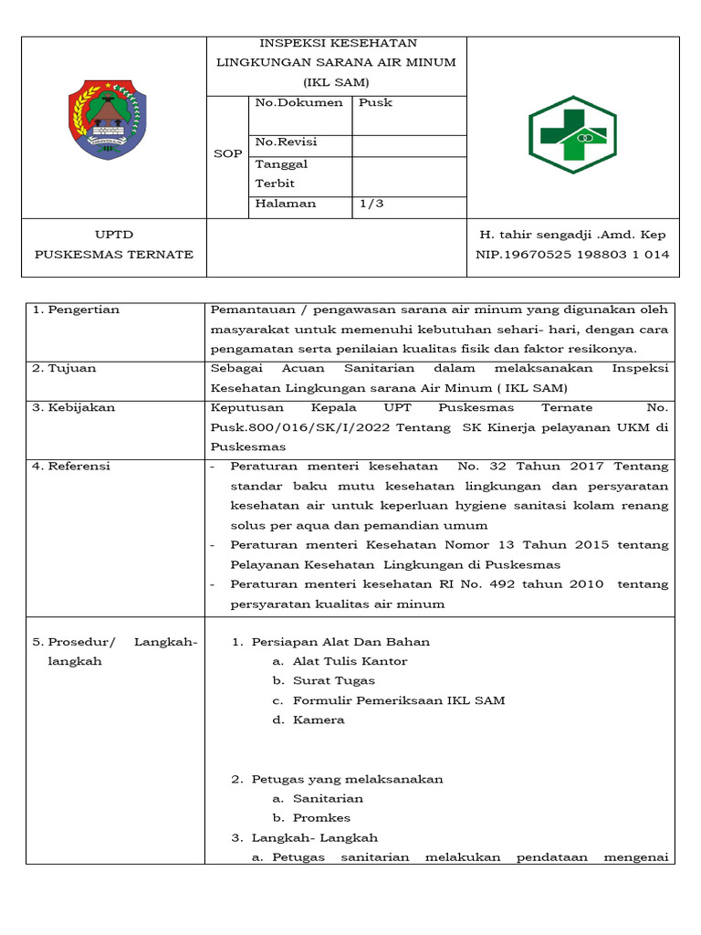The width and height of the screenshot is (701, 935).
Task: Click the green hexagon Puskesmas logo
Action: pyautogui.click(x=573, y=134)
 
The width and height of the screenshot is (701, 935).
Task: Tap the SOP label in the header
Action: pyautogui.click(x=228, y=154)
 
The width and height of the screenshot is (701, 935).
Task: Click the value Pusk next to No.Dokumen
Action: pyautogui.click(x=375, y=103)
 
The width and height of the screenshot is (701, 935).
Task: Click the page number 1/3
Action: pyautogui.click(x=371, y=204)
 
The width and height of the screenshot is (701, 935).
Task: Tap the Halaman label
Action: pyautogui.click(x=286, y=204)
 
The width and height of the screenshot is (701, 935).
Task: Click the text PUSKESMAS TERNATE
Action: pyautogui.click(x=114, y=255)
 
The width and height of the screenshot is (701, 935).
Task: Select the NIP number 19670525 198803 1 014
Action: pyautogui.click(x=572, y=255)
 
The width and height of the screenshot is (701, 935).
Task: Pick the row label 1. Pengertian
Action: pyautogui.click(x=76, y=310)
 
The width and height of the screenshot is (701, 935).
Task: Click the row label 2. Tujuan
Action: pyautogui.click(x=65, y=369)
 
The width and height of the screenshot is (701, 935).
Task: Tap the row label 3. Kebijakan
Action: pyautogui.click(x=74, y=408)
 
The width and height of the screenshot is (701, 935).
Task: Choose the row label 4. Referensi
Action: pyautogui.click(x=71, y=467)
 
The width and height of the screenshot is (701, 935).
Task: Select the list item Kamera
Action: pyautogui.click(x=319, y=720)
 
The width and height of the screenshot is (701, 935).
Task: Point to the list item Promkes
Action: pyautogui.click(x=321, y=818)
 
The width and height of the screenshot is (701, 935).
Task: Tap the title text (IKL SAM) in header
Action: pyautogui.click(x=337, y=82)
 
